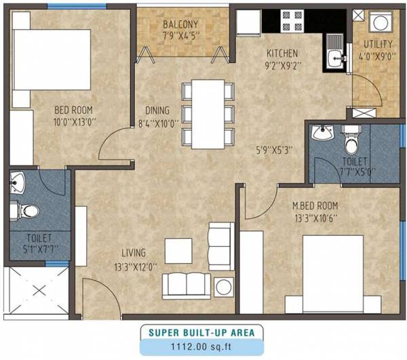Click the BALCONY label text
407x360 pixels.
[180, 26]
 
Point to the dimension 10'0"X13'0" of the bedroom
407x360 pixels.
[74, 123]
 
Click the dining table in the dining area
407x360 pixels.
[208, 115]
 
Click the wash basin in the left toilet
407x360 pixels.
[18, 182]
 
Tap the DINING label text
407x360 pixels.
[157, 111]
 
